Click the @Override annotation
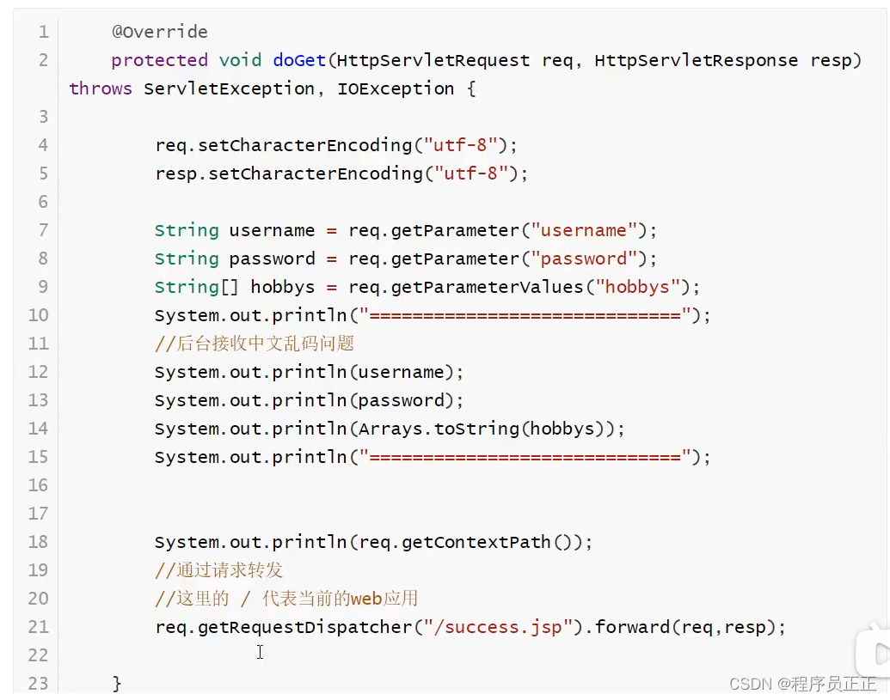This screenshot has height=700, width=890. tap(160, 33)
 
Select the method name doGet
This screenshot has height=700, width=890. tap(299, 61)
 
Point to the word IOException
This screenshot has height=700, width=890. tap(396, 89)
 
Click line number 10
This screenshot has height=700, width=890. tap(38, 315)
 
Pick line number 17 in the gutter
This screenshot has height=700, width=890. tap(38, 514)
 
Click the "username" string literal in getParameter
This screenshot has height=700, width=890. tap(585, 230)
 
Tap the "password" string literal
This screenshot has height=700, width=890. tap(585, 259)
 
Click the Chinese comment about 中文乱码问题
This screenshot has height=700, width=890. tap(255, 344)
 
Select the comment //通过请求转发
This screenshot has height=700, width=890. tap(219, 570)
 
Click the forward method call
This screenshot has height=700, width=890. tap(632, 627)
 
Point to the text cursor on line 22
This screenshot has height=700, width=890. tap(260, 653)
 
